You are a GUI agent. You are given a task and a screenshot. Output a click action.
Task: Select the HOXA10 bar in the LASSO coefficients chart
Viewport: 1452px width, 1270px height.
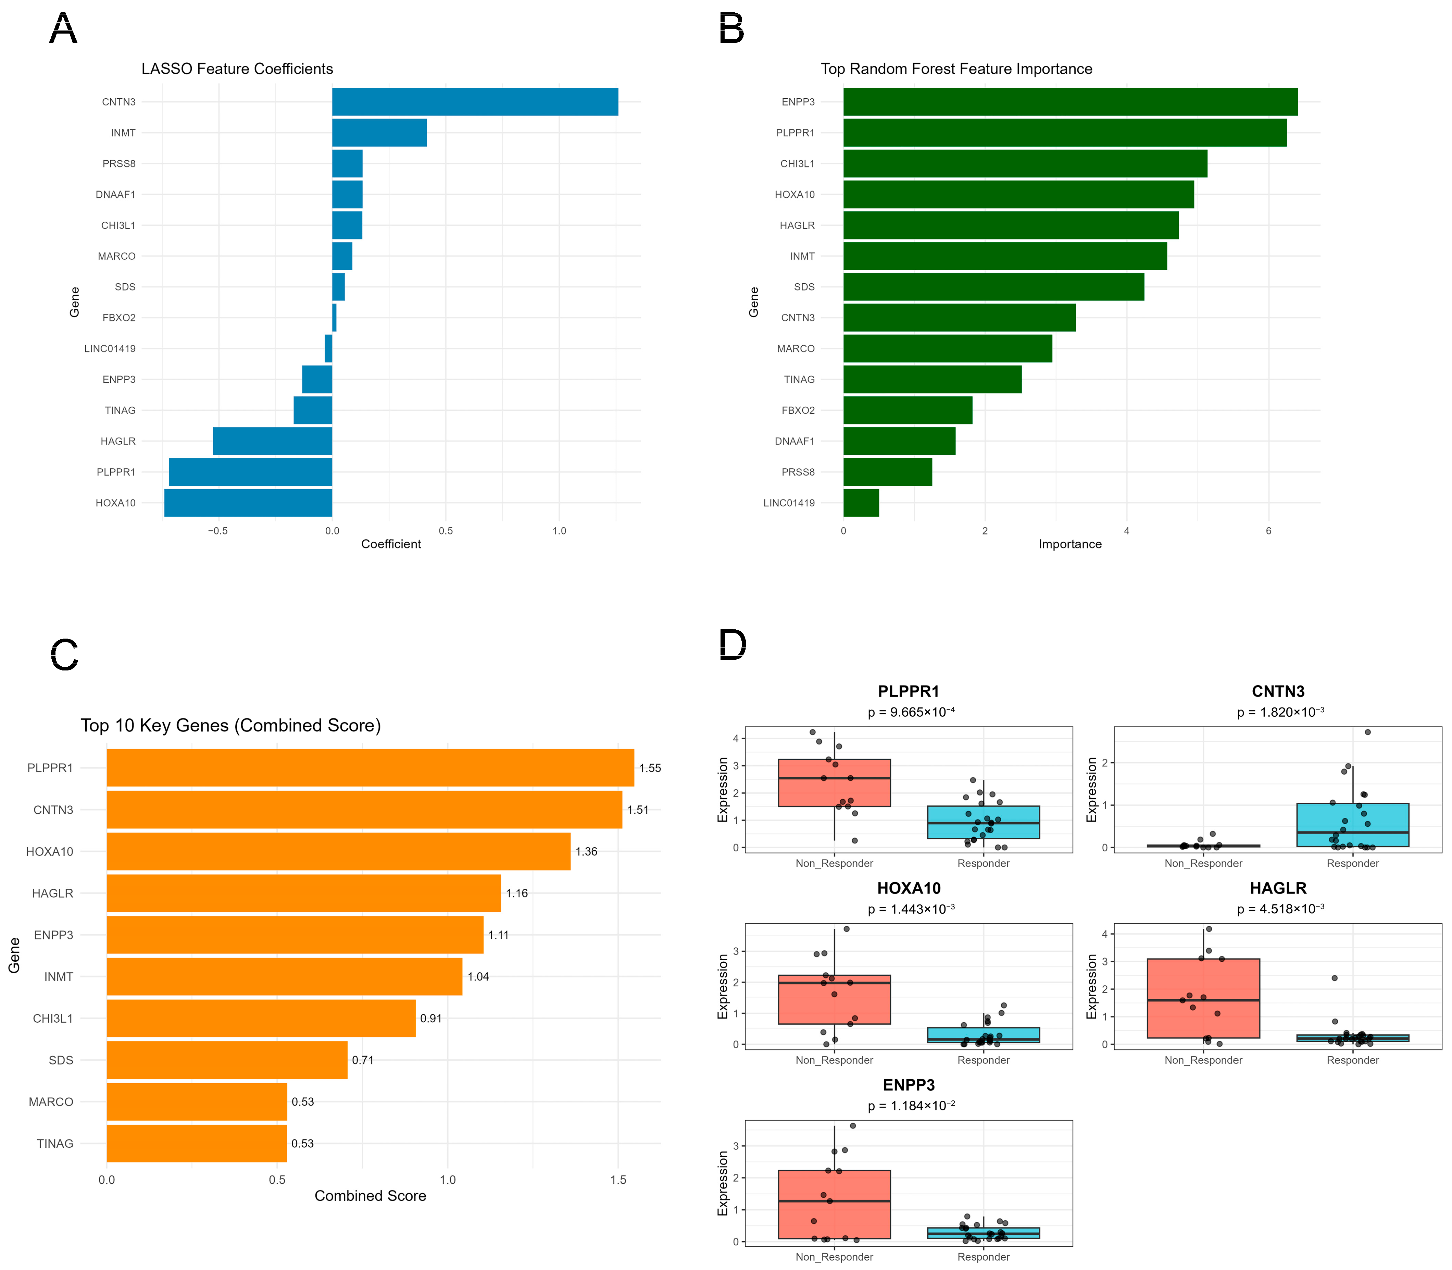coord(248,503)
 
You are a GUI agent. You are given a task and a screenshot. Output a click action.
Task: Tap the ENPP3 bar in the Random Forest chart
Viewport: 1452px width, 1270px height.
coord(1070,101)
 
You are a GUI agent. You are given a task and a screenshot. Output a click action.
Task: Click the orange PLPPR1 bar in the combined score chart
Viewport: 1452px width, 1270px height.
coord(371,767)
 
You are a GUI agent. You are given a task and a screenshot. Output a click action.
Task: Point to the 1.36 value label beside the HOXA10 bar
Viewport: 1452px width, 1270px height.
coord(587,851)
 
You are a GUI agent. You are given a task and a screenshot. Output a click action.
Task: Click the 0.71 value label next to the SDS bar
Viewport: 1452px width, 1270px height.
coord(363,1060)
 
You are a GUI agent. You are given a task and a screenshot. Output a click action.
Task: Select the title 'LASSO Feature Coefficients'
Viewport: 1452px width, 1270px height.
coord(237,69)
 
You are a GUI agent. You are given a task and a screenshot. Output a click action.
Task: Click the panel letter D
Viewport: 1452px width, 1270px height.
coord(733,645)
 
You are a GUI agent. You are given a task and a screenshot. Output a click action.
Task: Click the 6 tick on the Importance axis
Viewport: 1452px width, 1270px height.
coord(1268,531)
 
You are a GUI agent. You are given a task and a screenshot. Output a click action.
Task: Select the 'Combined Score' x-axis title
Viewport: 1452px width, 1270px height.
coord(371,1196)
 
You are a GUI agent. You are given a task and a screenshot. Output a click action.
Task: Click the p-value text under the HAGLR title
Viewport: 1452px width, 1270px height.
coord(1280,909)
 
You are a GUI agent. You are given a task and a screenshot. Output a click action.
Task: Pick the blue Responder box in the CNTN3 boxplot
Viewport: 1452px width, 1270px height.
coord(1353,825)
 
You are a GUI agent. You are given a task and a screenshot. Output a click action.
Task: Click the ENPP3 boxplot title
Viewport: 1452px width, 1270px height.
coord(909,1085)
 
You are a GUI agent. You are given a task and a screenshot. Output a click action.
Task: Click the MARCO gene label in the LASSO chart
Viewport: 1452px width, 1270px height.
coord(117,256)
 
